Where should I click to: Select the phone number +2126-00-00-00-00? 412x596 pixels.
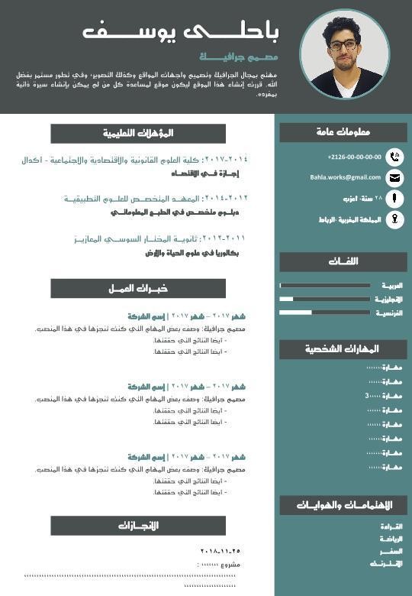pyautogui.click(x=354, y=157)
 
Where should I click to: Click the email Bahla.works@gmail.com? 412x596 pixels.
pyautogui.click(x=345, y=177)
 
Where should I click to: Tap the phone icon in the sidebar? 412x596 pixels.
pyautogui.click(x=394, y=157)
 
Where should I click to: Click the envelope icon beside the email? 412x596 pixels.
pyautogui.click(x=394, y=178)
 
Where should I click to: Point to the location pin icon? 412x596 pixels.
pyautogui.click(x=394, y=219)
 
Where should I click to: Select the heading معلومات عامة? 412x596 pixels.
pyautogui.click(x=343, y=132)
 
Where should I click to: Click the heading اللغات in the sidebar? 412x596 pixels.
pyautogui.click(x=343, y=261)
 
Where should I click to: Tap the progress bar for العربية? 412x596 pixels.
pyautogui.click(x=325, y=285)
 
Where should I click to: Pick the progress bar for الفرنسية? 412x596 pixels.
pyautogui.click(x=325, y=313)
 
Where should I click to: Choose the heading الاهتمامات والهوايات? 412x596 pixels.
pyautogui.click(x=343, y=505)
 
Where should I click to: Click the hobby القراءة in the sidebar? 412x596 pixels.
pyautogui.click(x=391, y=526)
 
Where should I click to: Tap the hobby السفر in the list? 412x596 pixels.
pyautogui.click(x=391, y=551)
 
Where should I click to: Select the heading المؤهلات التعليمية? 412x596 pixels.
pyautogui.click(x=138, y=133)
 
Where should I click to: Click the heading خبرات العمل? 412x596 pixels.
pyautogui.click(x=138, y=288)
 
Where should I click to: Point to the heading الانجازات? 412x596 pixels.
pyautogui.click(x=138, y=526)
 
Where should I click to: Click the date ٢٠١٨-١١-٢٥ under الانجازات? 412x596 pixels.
pyautogui.click(x=220, y=551)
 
